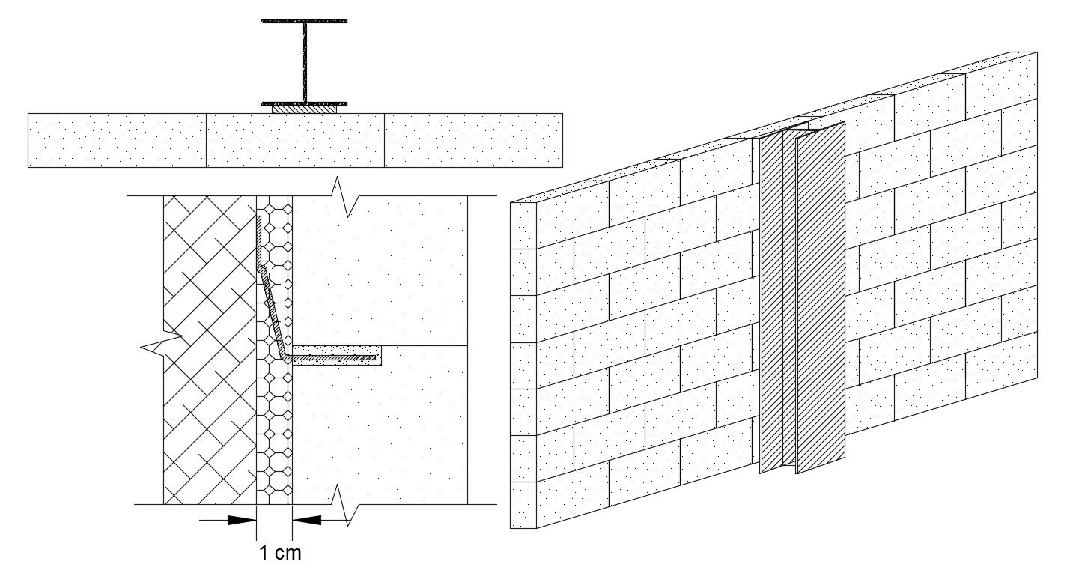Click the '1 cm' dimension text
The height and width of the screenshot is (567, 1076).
[x=281, y=553]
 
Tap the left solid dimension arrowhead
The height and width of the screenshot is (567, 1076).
[x=242, y=519]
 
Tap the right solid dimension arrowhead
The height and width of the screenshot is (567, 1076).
[x=306, y=519]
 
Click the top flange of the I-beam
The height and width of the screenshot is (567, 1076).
[x=304, y=21]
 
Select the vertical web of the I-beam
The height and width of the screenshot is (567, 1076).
[x=305, y=62]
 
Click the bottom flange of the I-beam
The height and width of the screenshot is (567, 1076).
[x=304, y=103]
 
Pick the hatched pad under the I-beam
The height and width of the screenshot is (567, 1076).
[x=305, y=109]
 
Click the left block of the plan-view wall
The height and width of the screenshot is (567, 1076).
[x=118, y=140]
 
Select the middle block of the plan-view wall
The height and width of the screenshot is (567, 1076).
[x=296, y=140]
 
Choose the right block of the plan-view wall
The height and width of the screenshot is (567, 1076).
[x=474, y=140]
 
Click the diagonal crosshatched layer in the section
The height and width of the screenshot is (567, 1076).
[x=210, y=350]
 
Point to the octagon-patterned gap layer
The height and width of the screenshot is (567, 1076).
[x=274, y=350]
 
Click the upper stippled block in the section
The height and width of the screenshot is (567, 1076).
[x=380, y=270]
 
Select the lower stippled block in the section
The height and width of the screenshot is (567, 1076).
[x=380, y=425]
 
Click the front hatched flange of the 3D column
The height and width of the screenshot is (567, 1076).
[x=821, y=298]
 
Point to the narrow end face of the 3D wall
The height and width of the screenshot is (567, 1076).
[x=523, y=366]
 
